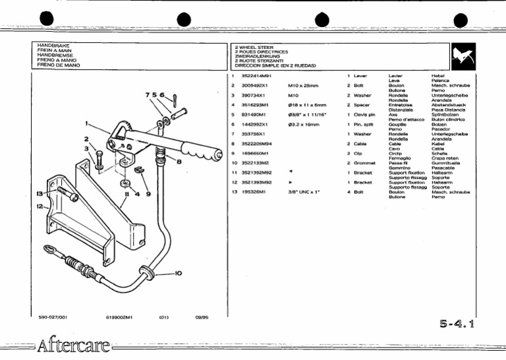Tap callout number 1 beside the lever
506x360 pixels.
[x=87, y=123]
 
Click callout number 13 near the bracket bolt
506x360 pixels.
[x=40, y=194]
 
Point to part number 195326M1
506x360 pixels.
[x=254, y=192]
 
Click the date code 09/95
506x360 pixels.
[x=202, y=317]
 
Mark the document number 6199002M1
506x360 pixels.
[x=119, y=317]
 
